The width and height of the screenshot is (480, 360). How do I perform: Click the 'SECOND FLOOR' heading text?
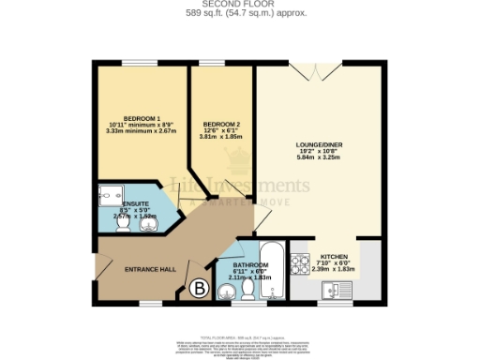tap(239, 5)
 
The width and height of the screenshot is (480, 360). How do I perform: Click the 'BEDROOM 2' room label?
tap(220, 123)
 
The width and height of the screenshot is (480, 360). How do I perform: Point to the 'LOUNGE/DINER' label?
tap(316, 143)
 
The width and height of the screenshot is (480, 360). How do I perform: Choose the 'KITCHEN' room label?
tap(335, 256)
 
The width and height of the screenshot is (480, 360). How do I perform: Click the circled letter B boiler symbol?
tap(199, 290)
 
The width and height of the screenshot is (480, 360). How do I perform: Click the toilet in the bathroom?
tap(224, 294)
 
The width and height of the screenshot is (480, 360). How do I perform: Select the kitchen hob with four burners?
tap(303, 262)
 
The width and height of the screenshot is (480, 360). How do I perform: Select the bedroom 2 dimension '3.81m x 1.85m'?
tap(220, 137)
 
